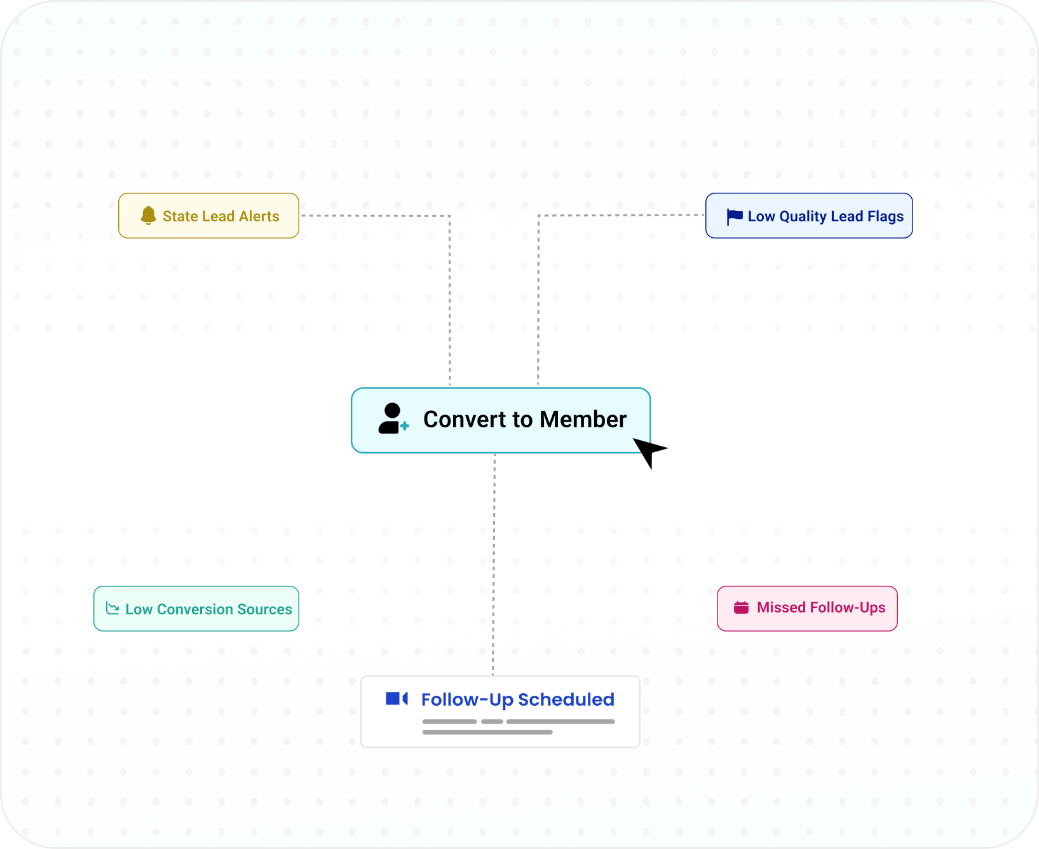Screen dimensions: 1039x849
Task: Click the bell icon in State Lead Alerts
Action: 149,216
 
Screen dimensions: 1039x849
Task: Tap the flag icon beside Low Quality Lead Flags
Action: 735,217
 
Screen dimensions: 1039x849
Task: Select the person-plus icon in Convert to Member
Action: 393,418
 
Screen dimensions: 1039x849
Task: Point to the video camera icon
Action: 397,699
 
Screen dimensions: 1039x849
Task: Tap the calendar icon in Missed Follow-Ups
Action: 741,607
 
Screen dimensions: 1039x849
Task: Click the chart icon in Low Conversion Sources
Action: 112,609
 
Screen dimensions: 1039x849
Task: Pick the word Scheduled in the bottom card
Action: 566,700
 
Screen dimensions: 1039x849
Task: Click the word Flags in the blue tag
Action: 885,217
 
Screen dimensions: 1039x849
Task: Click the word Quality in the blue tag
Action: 803,217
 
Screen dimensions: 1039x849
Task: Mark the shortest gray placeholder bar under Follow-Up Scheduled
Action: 492,722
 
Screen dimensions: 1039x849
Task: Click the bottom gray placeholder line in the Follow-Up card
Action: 487,733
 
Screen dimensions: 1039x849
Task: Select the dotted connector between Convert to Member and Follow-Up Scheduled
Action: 494,564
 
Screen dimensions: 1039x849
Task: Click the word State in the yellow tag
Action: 180,216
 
